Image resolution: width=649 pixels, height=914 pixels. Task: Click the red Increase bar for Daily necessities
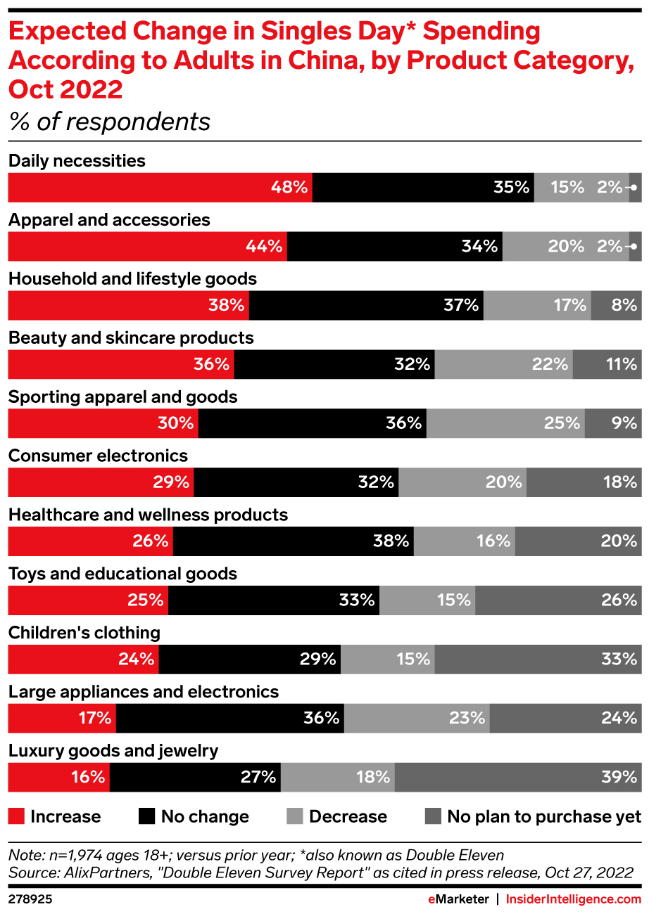pos(160,188)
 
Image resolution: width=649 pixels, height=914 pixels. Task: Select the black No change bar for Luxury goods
pos(195,777)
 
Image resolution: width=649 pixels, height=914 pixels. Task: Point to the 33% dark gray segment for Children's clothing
pos(538,659)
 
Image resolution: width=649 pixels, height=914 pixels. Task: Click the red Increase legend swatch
pos(16,816)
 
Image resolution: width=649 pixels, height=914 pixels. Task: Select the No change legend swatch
pos(147,816)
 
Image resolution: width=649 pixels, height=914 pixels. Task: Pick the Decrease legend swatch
pos(295,816)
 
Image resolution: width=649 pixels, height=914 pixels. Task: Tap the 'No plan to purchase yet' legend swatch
pos(434,816)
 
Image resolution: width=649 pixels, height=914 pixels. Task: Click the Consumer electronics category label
pos(98,456)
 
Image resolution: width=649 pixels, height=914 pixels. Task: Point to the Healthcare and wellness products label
pos(148,515)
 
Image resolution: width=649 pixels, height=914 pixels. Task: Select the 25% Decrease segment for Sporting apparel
pos(505,423)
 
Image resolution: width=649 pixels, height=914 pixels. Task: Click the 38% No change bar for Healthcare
pos(294,541)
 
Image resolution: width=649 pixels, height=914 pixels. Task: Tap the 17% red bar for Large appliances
pos(62,718)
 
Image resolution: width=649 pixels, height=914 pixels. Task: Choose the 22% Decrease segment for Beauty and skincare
pos(504,364)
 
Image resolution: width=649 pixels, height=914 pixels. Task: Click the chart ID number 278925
pos(30,899)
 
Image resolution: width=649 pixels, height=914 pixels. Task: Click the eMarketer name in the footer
pos(458,899)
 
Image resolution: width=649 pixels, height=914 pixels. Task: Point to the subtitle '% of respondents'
pos(109,122)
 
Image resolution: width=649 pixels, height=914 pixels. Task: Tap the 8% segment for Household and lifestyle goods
pos(616,305)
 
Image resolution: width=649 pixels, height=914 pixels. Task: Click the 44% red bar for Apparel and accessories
pos(147,247)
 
